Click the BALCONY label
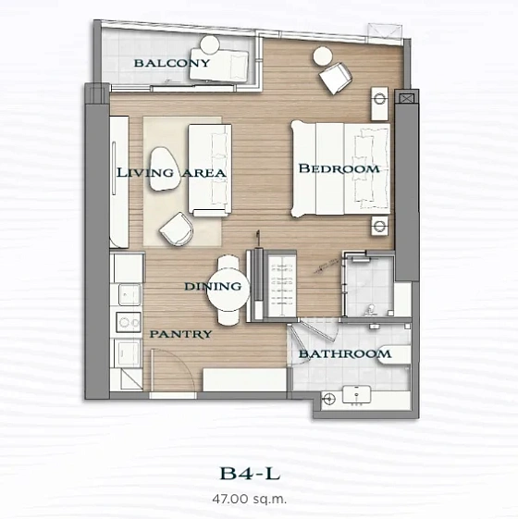(x=171, y=64)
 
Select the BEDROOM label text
(x=339, y=169)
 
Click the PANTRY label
(x=181, y=334)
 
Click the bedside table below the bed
(x=378, y=228)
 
